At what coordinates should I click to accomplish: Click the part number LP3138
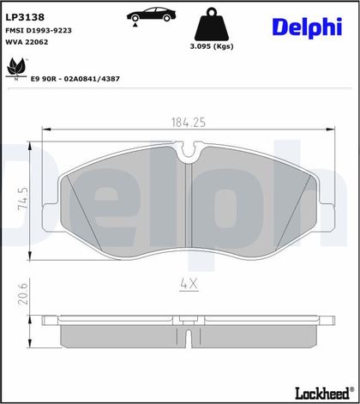pyautogui.click(x=25, y=17)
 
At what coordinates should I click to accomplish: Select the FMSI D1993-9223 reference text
pyautogui.click(x=39, y=30)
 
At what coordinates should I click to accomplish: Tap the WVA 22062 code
pyautogui.click(x=27, y=42)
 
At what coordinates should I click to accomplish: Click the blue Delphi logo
pyautogui.click(x=308, y=27)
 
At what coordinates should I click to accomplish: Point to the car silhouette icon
pyautogui.click(x=151, y=16)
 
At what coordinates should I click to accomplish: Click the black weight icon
pyautogui.click(x=212, y=24)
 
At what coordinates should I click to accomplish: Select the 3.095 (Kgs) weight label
pyautogui.click(x=212, y=46)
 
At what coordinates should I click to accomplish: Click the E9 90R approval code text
pyautogui.click(x=75, y=79)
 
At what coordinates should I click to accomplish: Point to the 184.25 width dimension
pyautogui.click(x=189, y=123)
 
